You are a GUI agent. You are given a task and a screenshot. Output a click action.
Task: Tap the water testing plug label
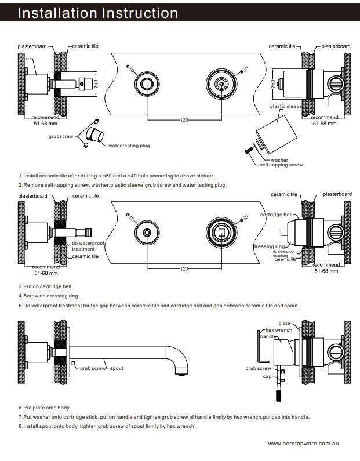click(129, 146)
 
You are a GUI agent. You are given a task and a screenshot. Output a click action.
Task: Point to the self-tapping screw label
click(281, 165)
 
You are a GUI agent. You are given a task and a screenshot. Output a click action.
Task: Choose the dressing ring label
click(269, 246)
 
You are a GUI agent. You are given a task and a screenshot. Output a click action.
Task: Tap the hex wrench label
click(279, 329)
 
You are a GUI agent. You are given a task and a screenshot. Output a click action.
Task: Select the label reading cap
click(267, 376)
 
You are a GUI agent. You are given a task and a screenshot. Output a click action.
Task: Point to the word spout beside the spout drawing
click(117, 368)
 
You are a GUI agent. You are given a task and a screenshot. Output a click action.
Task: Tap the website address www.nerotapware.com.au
click(303, 443)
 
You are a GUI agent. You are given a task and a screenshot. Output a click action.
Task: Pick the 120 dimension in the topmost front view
click(184, 120)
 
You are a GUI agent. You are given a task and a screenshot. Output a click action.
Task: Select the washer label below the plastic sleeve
click(279, 160)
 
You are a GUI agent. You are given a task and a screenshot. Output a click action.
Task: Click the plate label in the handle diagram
click(284, 323)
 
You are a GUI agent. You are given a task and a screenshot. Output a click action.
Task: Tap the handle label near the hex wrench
click(268, 336)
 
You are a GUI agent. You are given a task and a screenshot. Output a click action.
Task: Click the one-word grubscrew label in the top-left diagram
click(60, 136)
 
